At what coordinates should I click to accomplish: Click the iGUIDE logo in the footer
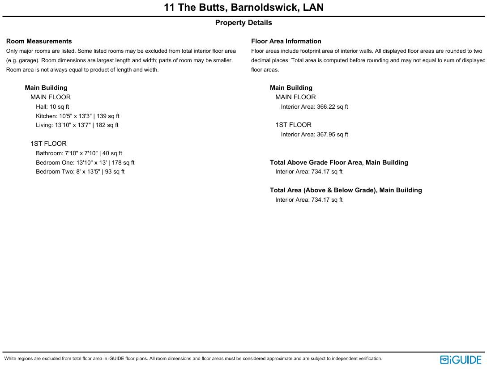click(461, 360)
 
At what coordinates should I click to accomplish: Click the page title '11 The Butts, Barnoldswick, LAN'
click(243, 8)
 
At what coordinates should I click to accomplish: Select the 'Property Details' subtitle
click(243, 23)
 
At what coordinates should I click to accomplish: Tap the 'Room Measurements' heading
click(39, 41)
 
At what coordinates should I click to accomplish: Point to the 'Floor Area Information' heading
click(286, 41)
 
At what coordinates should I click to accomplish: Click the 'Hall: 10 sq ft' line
click(52, 107)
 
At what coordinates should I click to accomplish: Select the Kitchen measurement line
click(77, 116)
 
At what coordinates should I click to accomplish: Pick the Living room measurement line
click(77, 125)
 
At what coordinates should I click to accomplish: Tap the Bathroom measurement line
click(79, 153)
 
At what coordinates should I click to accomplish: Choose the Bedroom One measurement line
click(85, 163)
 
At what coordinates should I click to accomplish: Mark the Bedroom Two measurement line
click(80, 172)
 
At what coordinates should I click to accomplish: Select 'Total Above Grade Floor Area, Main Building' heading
click(339, 162)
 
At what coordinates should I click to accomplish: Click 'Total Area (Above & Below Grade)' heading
click(346, 190)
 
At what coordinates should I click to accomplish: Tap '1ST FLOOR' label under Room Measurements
click(48, 144)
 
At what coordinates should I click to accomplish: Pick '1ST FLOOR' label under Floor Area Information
click(293, 125)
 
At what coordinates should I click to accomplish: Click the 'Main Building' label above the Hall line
click(46, 88)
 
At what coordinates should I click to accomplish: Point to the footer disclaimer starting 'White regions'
click(193, 359)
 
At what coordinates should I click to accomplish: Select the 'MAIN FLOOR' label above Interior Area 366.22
click(295, 97)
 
